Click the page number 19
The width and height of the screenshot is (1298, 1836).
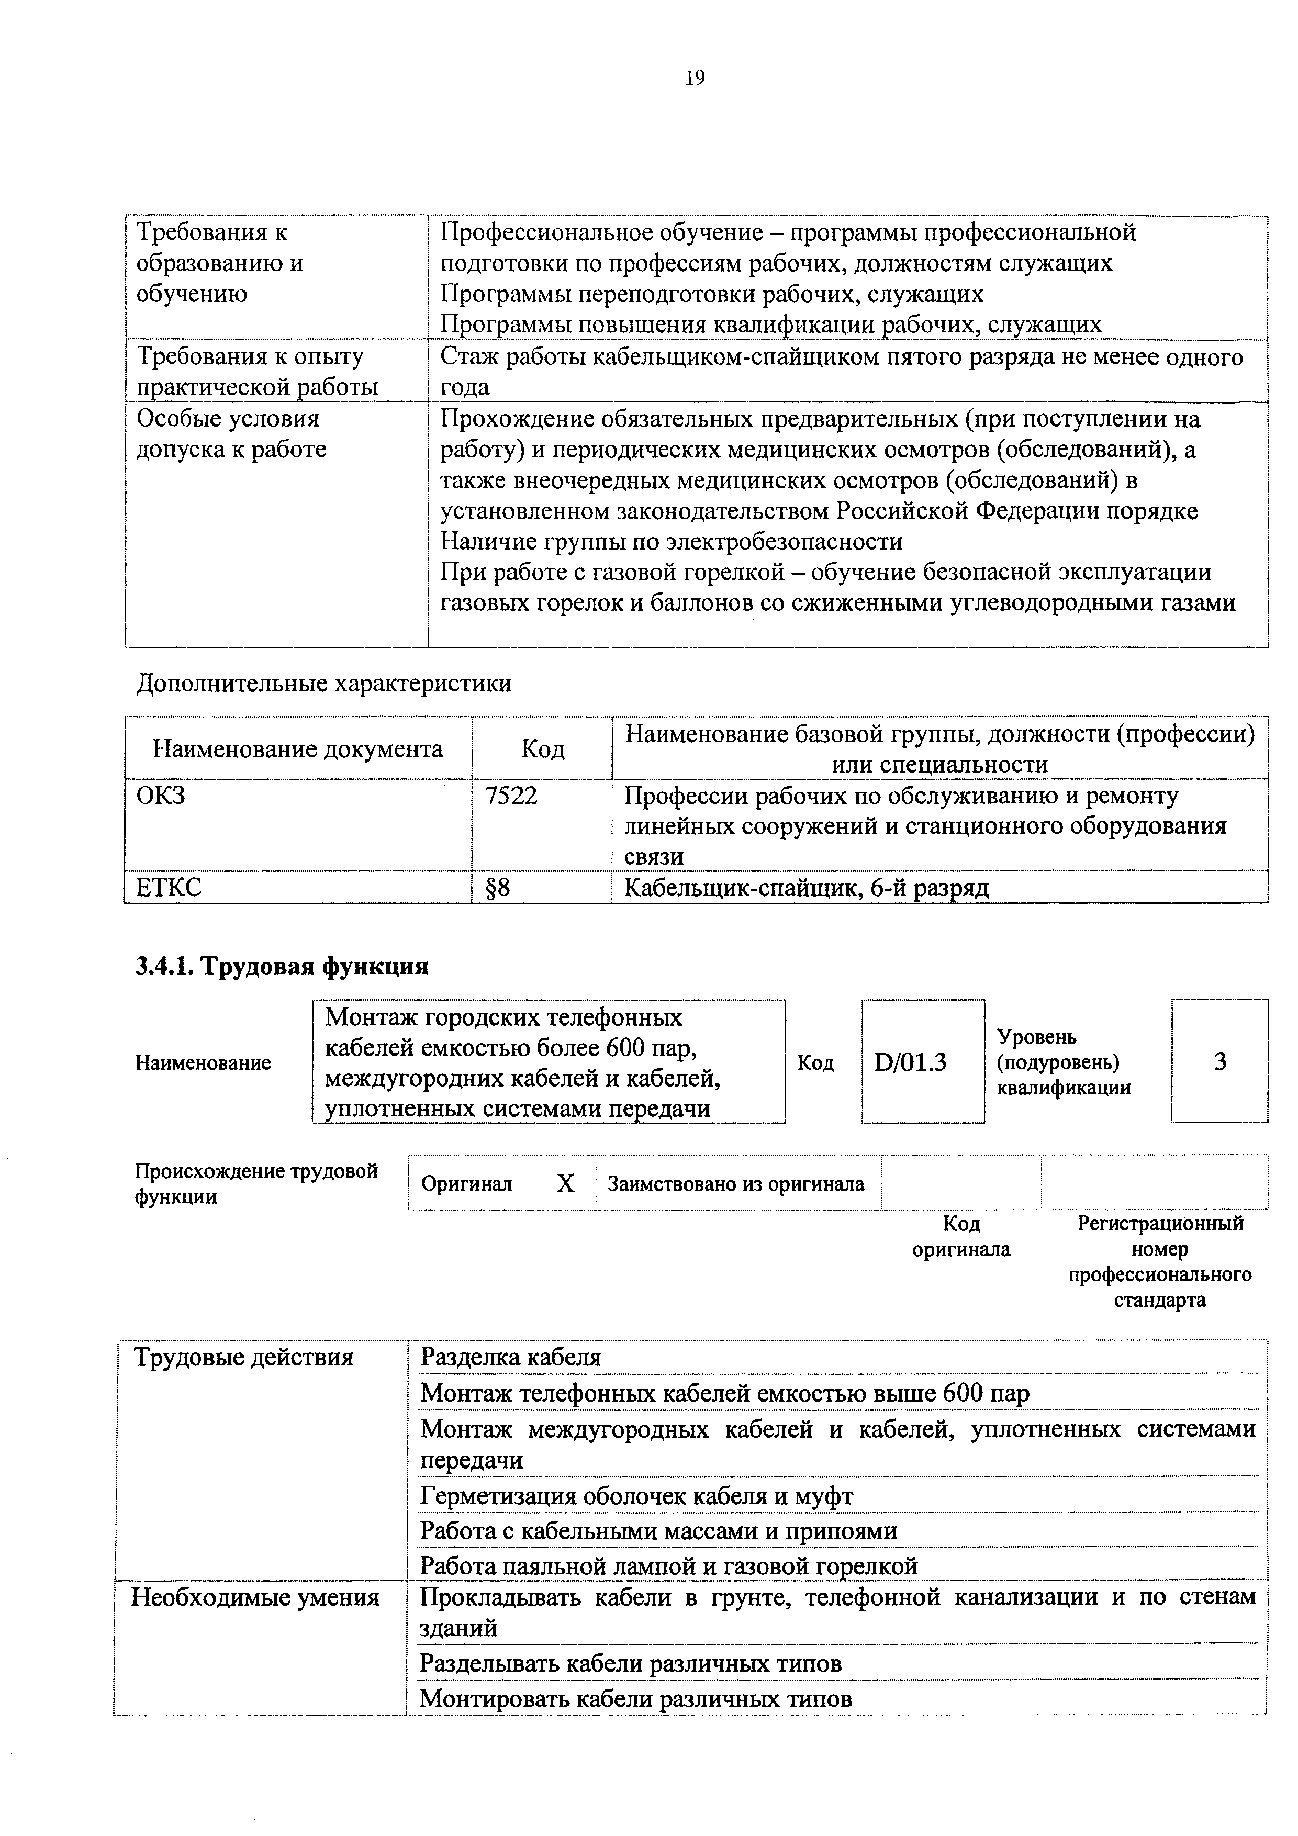[694, 77]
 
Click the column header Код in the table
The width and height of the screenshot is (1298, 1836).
[542, 749]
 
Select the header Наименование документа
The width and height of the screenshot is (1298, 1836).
[297, 749]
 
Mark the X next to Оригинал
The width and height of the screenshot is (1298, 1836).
[565, 1183]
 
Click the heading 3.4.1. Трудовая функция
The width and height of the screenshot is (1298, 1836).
[282, 966]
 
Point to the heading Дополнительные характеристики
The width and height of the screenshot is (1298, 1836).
[324, 684]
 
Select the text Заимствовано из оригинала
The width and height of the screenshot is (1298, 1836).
[736, 1183]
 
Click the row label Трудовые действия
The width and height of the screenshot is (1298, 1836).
[244, 1357]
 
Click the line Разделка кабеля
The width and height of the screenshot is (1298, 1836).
[510, 1357]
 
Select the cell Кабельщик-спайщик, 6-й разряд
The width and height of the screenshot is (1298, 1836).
[806, 888]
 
